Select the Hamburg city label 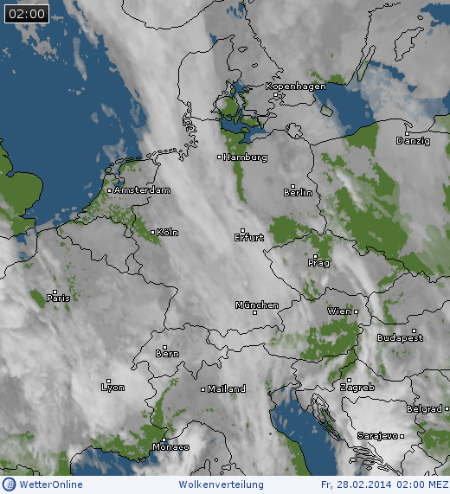click(x=245, y=158)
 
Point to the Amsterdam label click(x=142, y=190)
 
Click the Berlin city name click(x=298, y=193)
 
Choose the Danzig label click(x=413, y=141)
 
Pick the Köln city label click(x=167, y=233)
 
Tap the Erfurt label click(x=249, y=237)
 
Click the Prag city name click(x=318, y=262)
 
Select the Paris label click(x=58, y=298)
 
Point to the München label click(x=257, y=305)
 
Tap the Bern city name click(x=167, y=354)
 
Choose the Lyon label click(x=112, y=388)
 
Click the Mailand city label click(x=225, y=389)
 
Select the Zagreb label click(x=357, y=388)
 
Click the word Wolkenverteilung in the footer click(x=216, y=484)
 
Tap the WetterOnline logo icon click(x=9, y=484)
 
